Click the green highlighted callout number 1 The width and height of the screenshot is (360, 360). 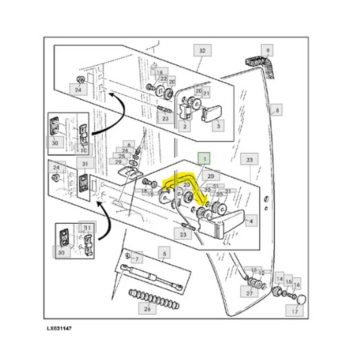pos(205,158)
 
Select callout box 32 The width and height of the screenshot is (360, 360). pos(202,51)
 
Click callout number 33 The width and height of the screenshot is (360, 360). pos(250,160)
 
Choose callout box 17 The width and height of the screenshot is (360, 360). pos(295,312)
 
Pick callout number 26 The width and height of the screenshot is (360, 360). pos(147,309)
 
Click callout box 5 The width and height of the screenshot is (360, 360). pos(164,253)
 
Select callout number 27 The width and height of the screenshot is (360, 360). pos(250,293)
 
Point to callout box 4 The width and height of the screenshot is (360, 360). pos(250,222)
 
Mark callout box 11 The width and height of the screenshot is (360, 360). pos(87,228)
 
